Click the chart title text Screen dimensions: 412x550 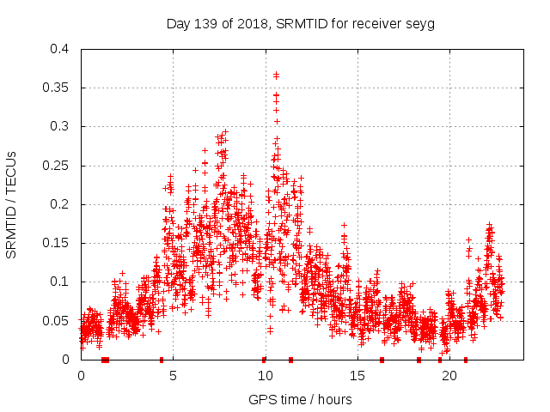[x=300, y=23]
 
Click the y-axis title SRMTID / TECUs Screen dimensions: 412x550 [x=11, y=204]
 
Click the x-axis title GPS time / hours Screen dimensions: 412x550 [x=300, y=399]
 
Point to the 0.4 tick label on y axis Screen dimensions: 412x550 [x=59, y=49]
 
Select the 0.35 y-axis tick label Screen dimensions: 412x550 [x=56, y=88]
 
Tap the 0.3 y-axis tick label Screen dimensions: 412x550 [x=59, y=126]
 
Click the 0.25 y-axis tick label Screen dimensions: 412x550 [x=56, y=165]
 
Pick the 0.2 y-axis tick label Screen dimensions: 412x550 [x=59, y=204]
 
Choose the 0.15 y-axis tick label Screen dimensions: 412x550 [x=56, y=243]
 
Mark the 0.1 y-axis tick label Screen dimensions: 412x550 [x=59, y=282]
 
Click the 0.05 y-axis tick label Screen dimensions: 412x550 [x=56, y=320]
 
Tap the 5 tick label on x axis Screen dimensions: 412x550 [x=173, y=376]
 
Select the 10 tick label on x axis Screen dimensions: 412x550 [x=265, y=376]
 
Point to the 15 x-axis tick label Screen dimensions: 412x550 [x=357, y=376]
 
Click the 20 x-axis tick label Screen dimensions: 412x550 [x=448, y=376]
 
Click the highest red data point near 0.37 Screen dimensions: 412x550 [x=276, y=75]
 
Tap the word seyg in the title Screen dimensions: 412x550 [x=421, y=23]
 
